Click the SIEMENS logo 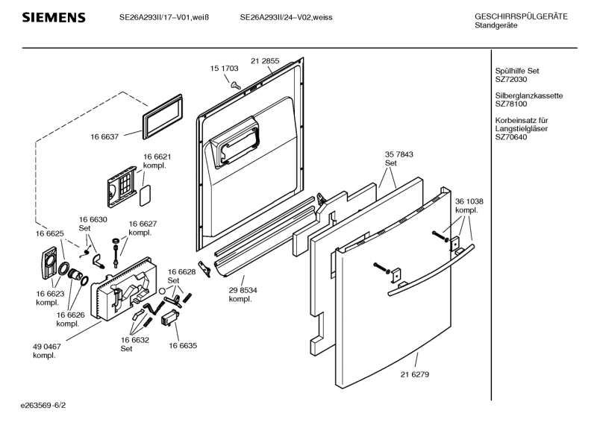53,18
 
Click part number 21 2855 265,60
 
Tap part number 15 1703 225,69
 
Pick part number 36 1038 469,201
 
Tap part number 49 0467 46,347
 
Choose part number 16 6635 182,346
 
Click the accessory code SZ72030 511,80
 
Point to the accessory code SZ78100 511,104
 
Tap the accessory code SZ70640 511,136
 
